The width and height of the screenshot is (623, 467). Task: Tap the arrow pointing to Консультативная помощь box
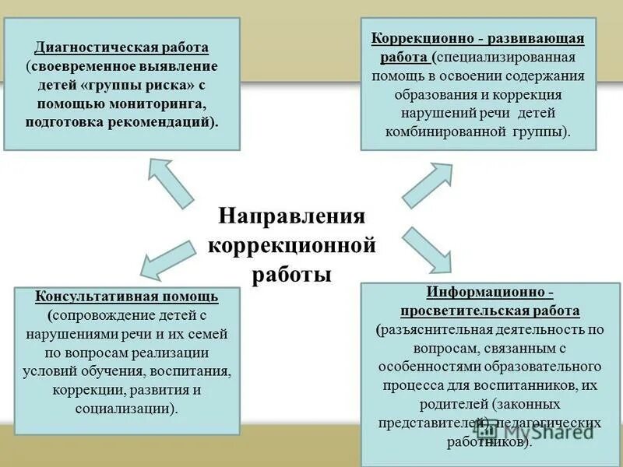coord(171,259)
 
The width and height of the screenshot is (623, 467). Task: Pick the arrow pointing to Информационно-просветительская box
coord(428,249)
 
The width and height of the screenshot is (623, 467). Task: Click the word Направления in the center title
coord(291,216)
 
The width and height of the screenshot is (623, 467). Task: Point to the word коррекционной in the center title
coord(291,245)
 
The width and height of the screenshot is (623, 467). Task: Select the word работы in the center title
coord(291,275)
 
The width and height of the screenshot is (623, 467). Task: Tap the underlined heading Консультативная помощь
coord(127,297)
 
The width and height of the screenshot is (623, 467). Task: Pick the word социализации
coord(125,407)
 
